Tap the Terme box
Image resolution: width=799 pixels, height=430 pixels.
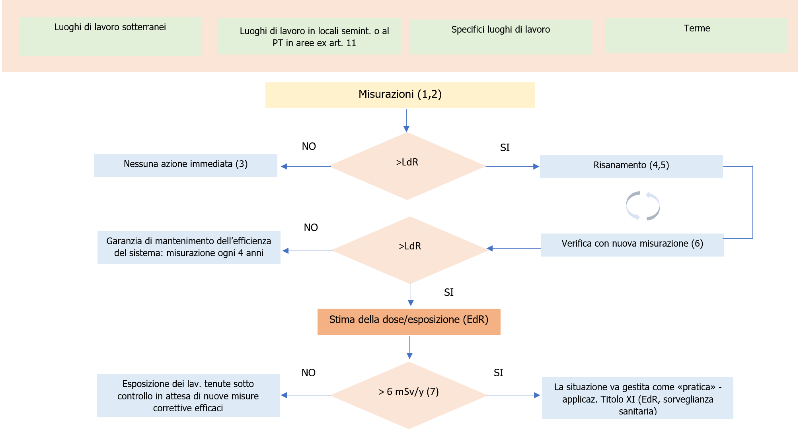click(x=696, y=35)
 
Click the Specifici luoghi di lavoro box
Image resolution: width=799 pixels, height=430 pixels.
click(x=501, y=37)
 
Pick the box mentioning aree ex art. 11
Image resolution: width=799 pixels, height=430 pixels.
click(x=309, y=37)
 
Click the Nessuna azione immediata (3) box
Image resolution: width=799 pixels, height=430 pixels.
click(x=185, y=165)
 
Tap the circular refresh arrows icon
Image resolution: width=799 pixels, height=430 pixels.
click(x=643, y=206)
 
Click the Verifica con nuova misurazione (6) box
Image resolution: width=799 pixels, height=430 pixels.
click(x=632, y=244)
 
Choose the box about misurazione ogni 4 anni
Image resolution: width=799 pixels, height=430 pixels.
click(x=189, y=247)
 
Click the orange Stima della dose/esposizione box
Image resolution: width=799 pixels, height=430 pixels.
click(x=409, y=321)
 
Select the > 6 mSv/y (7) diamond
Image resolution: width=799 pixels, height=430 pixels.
click(x=409, y=394)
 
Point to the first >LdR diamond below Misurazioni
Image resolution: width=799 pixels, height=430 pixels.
click(x=407, y=165)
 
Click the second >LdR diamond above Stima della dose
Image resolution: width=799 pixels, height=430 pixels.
click(x=410, y=249)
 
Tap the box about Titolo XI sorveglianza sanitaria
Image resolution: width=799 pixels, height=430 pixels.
click(x=637, y=398)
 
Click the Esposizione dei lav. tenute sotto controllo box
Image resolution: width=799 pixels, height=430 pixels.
click(x=188, y=395)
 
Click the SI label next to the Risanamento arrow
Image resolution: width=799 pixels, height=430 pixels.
click(x=505, y=148)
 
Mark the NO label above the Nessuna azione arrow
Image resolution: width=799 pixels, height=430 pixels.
click(x=309, y=146)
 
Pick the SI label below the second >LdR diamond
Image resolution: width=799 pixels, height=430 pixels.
click(x=448, y=292)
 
